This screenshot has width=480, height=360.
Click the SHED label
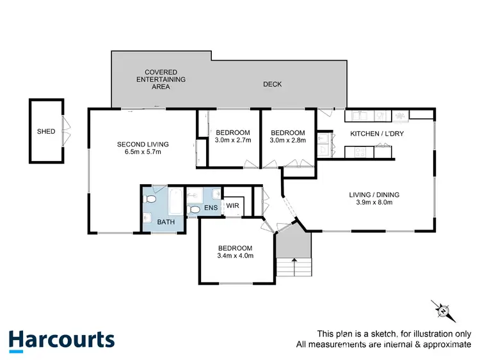[46, 132]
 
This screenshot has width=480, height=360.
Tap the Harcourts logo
[61, 340]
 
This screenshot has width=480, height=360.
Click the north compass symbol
[442, 310]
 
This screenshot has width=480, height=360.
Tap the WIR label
[232, 206]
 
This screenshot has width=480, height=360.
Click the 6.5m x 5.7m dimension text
[139, 152]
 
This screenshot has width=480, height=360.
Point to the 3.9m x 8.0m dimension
[370, 202]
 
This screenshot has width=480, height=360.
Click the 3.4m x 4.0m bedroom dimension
[235, 256]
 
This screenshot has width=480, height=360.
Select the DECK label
[272, 84]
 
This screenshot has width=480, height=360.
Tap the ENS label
[211, 208]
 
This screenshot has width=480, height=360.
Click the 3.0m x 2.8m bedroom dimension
[288, 139]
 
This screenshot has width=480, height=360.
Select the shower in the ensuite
[195, 194]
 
